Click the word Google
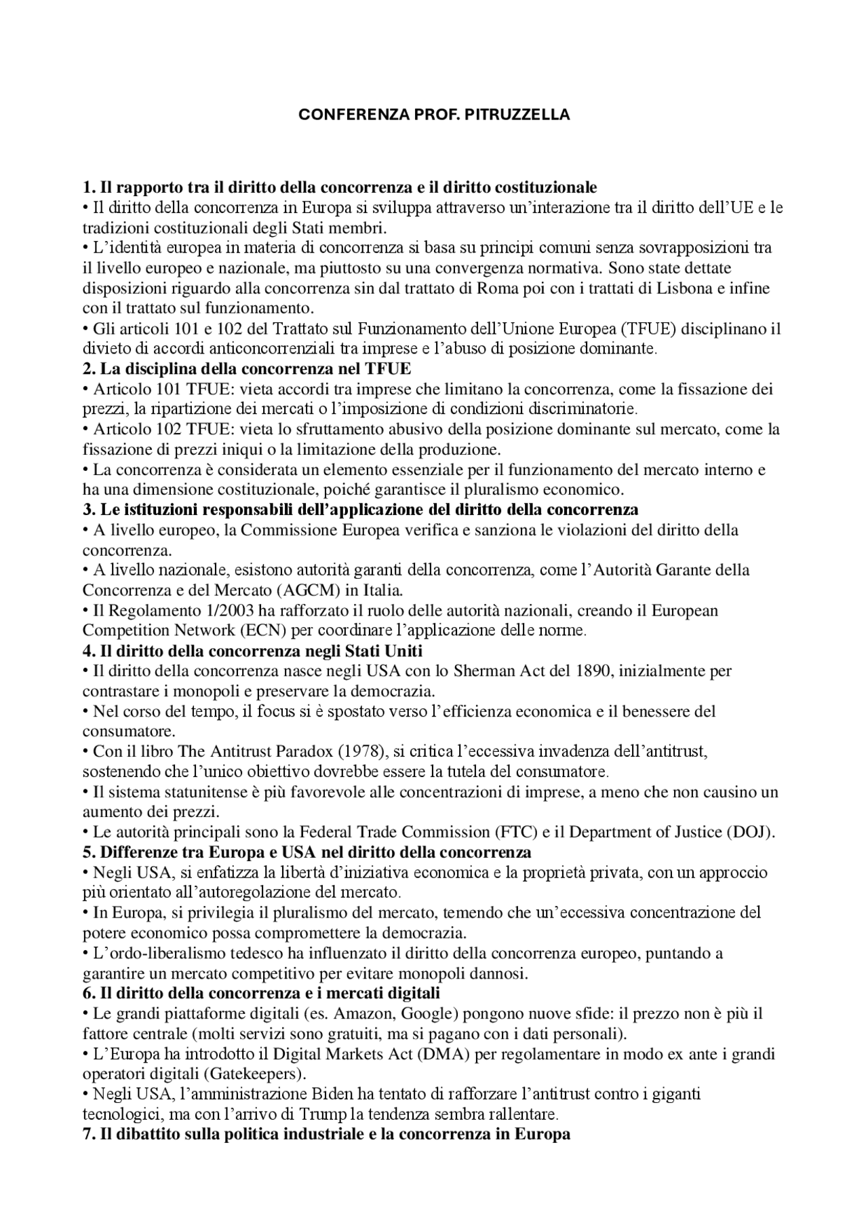tap(425, 1014)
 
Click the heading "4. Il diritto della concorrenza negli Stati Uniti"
tap(252, 651)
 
